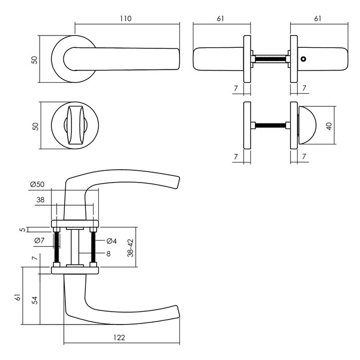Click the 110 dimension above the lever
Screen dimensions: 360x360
(126, 19)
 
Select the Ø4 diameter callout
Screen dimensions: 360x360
(113, 241)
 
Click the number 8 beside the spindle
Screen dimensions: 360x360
(109, 253)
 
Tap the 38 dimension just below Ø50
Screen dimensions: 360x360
(41, 201)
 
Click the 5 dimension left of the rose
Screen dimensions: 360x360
(22, 230)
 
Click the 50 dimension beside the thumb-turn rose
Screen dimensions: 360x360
(35, 126)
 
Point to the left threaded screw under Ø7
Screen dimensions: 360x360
(57, 248)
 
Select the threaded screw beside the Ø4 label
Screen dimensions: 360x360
(94, 248)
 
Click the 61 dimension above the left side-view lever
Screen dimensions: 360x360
(221, 19)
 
